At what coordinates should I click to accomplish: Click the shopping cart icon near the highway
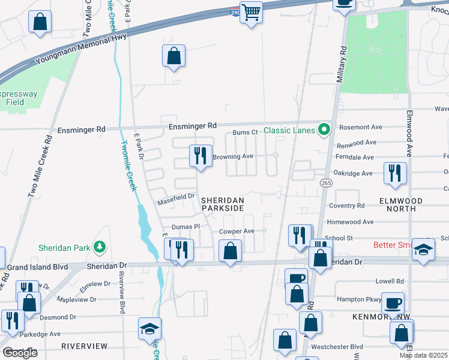pyautogui.click(x=251, y=12)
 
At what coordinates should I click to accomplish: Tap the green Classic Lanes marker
pyautogui.click(x=325, y=130)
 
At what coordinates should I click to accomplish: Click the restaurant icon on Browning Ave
pyautogui.click(x=200, y=155)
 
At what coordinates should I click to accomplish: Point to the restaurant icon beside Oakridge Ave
pyautogui.click(x=395, y=173)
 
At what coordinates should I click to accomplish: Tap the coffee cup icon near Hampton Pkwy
pyautogui.click(x=393, y=303)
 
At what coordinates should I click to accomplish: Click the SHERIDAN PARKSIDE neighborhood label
pyautogui.click(x=222, y=204)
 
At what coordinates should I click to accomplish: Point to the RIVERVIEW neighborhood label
pyautogui.click(x=84, y=346)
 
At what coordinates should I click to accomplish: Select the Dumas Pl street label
pyautogui.click(x=185, y=227)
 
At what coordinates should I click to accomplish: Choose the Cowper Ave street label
pyautogui.click(x=237, y=231)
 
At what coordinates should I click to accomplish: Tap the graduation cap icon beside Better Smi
pyautogui.click(x=424, y=250)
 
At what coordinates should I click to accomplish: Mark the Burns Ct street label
pyautogui.click(x=245, y=133)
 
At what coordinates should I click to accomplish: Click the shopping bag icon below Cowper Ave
pyautogui.click(x=230, y=251)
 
